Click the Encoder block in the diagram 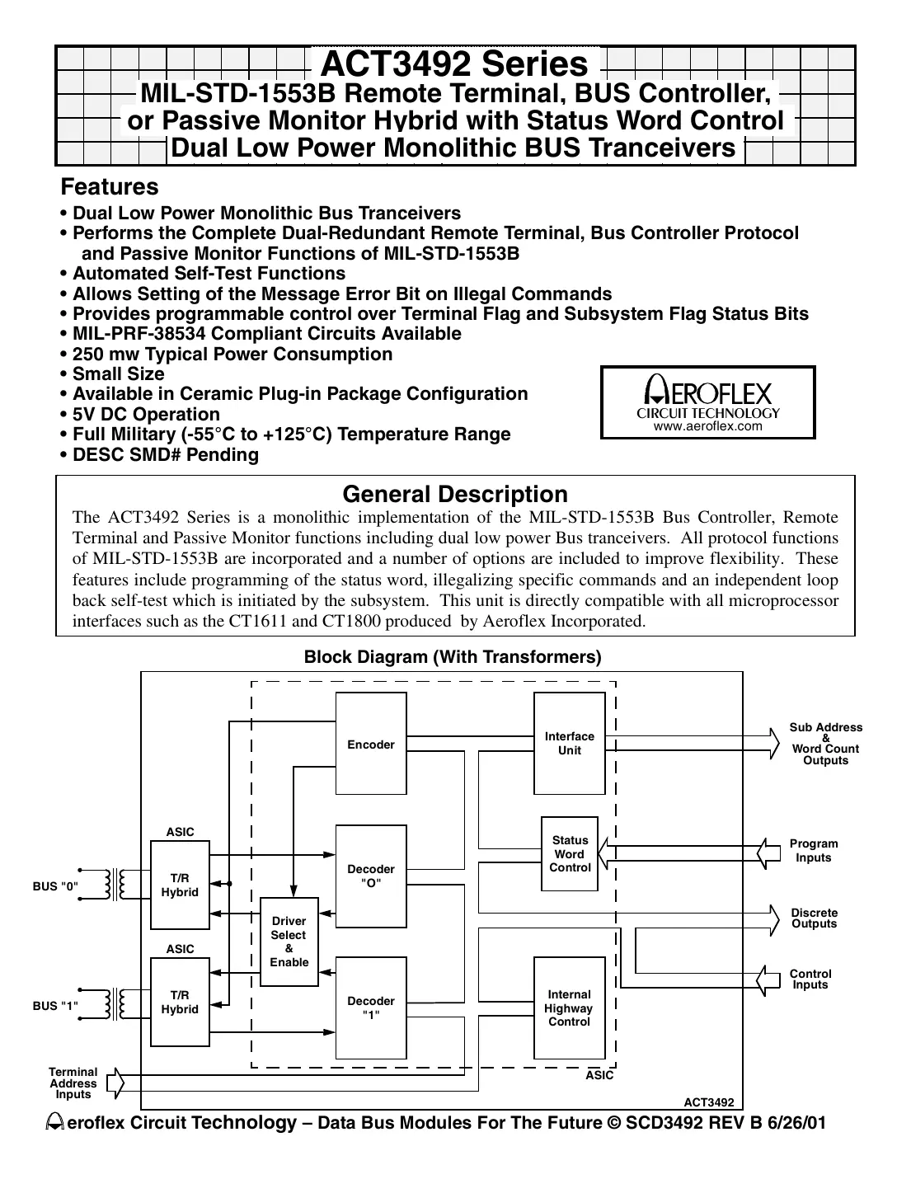[x=371, y=744]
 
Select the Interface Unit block [x=569, y=743]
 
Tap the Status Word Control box [x=570, y=854]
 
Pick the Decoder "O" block [x=371, y=876]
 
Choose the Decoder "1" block [x=371, y=1008]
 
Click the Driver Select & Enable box [x=289, y=942]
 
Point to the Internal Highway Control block [x=569, y=1008]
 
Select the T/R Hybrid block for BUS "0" [x=180, y=885]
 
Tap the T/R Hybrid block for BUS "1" [x=180, y=1003]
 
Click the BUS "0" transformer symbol [x=115, y=885]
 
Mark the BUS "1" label [x=55, y=1006]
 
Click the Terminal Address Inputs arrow [x=116, y=1083]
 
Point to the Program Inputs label [x=813, y=851]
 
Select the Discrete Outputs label [x=814, y=918]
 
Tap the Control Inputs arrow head [x=769, y=979]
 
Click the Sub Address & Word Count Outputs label [x=825, y=744]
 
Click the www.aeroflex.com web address [x=707, y=426]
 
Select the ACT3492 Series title [x=453, y=63]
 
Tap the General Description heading [x=454, y=495]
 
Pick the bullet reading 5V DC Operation [x=146, y=415]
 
